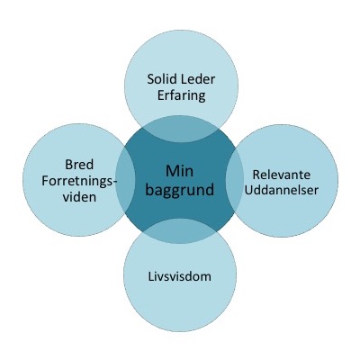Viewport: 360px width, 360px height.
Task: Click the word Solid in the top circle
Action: pyautogui.click(x=163, y=79)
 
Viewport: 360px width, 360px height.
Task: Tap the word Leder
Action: pyautogui.click(x=199, y=79)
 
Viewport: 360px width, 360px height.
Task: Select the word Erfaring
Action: pyautogui.click(x=182, y=96)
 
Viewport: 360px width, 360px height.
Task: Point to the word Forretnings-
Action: pyautogui.click(x=79, y=182)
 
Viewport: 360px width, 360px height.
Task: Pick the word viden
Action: pyautogui.click(x=79, y=197)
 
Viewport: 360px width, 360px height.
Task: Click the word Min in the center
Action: pyautogui.click(x=180, y=171)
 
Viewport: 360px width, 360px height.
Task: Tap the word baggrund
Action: pyautogui.click(x=180, y=190)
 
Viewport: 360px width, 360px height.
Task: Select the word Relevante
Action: pyautogui.click(x=282, y=175)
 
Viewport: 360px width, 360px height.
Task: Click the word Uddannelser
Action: pyautogui.click(x=282, y=190)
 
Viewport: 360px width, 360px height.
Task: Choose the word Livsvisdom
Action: pyautogui.click(x=180, y=276)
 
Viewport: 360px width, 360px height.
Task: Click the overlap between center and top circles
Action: pyautogui.click(x=180, y=129)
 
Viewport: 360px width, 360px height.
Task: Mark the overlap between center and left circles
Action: pyautogui.click(x=125, y=179)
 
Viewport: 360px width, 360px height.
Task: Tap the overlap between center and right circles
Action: pyautogui.click(x=234, y=179)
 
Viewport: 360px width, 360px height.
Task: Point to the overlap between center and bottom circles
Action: pyautogui.click(x=179, y=230)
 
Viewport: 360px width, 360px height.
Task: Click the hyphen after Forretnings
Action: pyautogui.click(x=114, y=182)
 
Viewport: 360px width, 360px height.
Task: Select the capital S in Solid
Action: pyautogui.click(x=151, y=79)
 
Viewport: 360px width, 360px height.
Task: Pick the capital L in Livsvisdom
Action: pyautogui.click(x=151, y=276)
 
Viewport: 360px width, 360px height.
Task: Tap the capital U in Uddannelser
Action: pyautogui.click(x=249, y=190)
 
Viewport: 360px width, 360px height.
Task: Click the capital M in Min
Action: pyautogui.click(x=172, y=171)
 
